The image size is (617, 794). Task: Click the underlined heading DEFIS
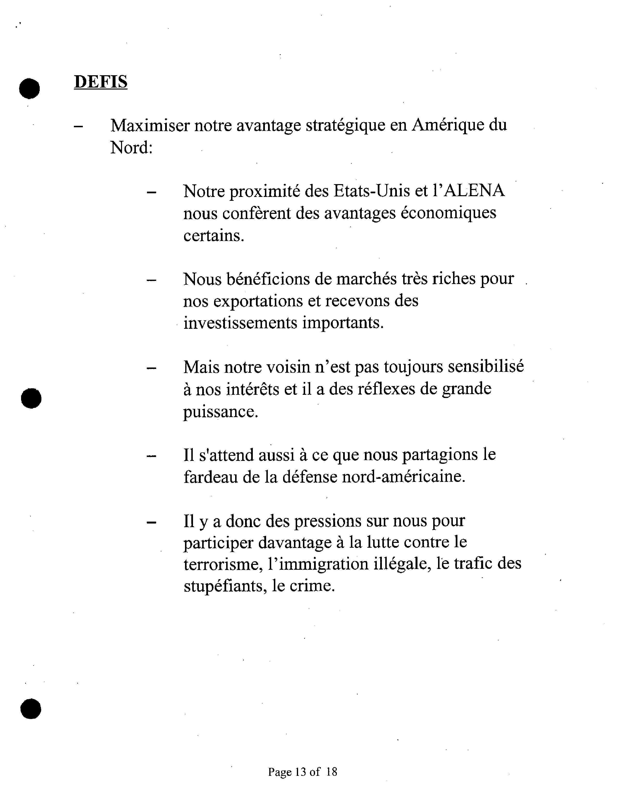pos(101,82)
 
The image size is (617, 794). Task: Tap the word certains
pos(214,236)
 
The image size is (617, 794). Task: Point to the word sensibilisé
pos(486,367)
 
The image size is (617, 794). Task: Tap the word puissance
pos(220,412)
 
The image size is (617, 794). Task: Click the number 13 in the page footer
pos(301,772)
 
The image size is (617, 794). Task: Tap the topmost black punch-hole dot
pos(30,88)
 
